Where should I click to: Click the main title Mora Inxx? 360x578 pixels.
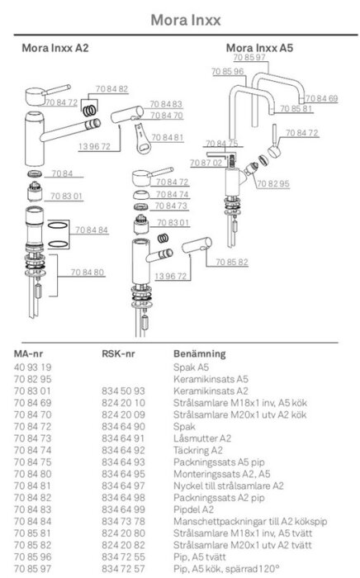(x=186, y=20)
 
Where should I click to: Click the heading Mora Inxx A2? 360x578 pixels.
(x=54, y=48)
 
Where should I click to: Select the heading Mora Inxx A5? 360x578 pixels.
(x=259, y=48)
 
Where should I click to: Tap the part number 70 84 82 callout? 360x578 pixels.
(x=111, y=89)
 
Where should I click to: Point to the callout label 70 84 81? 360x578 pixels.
(x=168, y=138)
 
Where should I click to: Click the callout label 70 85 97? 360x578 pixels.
(x=249, y=57)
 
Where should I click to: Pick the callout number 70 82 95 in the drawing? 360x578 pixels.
(x=273, y=183)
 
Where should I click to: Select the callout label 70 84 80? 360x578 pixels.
(x=88, y=272)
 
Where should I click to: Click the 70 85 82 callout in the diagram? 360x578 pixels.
(x=232, y=262)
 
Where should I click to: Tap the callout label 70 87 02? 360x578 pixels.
(x=206, y=163)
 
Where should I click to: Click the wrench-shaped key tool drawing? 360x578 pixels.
(x=142, y=139)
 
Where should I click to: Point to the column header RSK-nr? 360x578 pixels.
(x=118, y=354)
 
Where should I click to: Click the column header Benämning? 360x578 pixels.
(x=199, y=354)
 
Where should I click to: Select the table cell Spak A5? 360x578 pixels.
(x=191, y=367)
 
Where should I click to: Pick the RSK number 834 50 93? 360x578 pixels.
(x=123, y=391)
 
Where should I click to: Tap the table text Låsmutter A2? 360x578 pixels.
(x=202, y=438)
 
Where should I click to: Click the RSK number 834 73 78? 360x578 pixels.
(x=123, y=521)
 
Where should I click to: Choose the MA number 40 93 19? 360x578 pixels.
(x=33, y=367)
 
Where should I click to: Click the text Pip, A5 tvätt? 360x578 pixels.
(x=199, y=557)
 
